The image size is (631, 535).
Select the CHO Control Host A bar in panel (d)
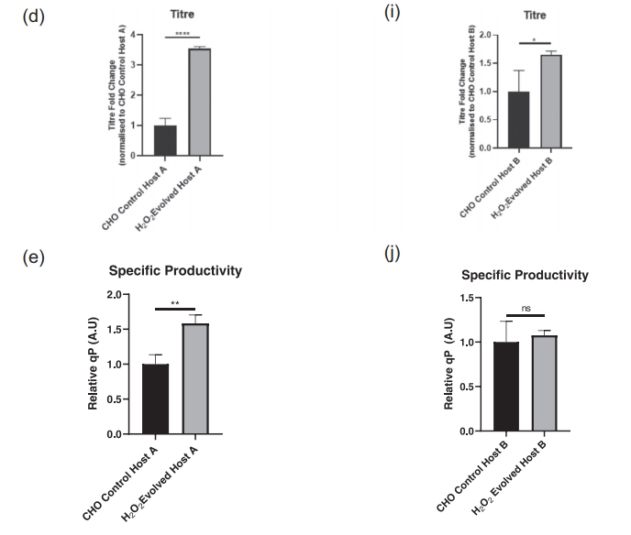pos(165,140)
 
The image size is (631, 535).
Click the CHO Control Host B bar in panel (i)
pos(519,120)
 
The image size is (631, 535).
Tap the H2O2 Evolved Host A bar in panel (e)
pos(196,378)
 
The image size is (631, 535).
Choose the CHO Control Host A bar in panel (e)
pos(156,399)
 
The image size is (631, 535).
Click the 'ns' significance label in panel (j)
pos(525,309)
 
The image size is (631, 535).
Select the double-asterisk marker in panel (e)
pos(176,303)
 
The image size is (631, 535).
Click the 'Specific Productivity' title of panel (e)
pos(175,270)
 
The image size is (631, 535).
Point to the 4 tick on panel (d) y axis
pos(134,35)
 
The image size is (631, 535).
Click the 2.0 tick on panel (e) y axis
pos(116,295)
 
